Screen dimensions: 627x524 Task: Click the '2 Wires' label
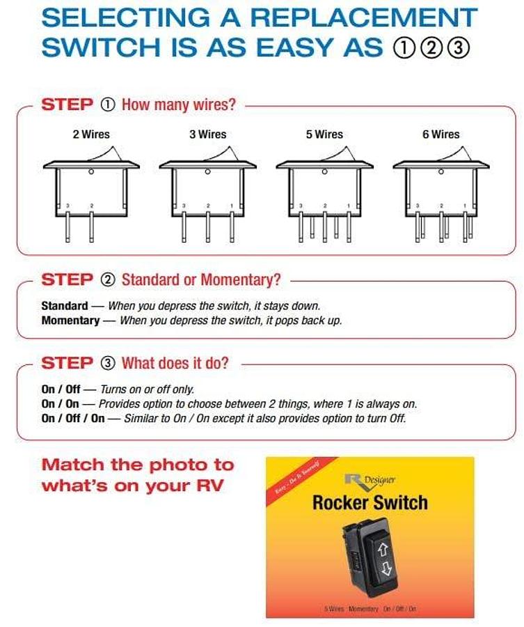[x=91, y=134]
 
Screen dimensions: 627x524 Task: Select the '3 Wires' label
[x=207, y=134]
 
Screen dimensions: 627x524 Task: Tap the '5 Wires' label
[x=324, y=134]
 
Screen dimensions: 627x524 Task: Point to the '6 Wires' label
[x=440, y=134]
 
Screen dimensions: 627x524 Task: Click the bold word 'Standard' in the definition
[x=64, y=306]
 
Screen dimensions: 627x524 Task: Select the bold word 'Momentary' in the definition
[x=70, y=320]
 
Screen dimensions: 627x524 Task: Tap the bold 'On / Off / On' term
[x=72, y=418]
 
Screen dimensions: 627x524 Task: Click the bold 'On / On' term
[x=60, y=403]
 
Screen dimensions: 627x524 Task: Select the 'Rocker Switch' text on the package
[x=370, y=502]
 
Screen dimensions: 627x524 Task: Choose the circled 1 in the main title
[x=403, y=47]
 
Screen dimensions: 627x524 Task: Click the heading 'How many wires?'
[x=178, y=104]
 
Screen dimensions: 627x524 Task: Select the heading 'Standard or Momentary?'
[x=201, y=279]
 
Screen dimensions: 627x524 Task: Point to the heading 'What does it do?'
[x=175, y=363]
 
